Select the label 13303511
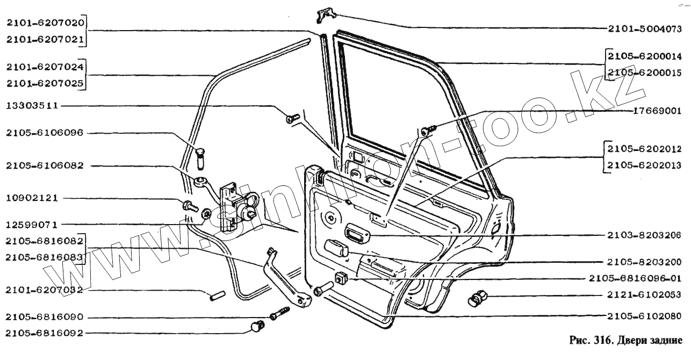pyautogui.click(x=34, y=106)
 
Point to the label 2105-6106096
pyautogui.click(x=45, y=133)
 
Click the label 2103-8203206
pyautogui.click(x=644, y=235)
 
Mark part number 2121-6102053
pyautogui.click(x=644, y=294)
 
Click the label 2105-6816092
pyautogui.click(x=45, y=333)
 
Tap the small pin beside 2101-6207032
pyautogui.click(x=217, y=295)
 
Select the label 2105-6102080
pyautogui.click(x=644, y=315)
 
